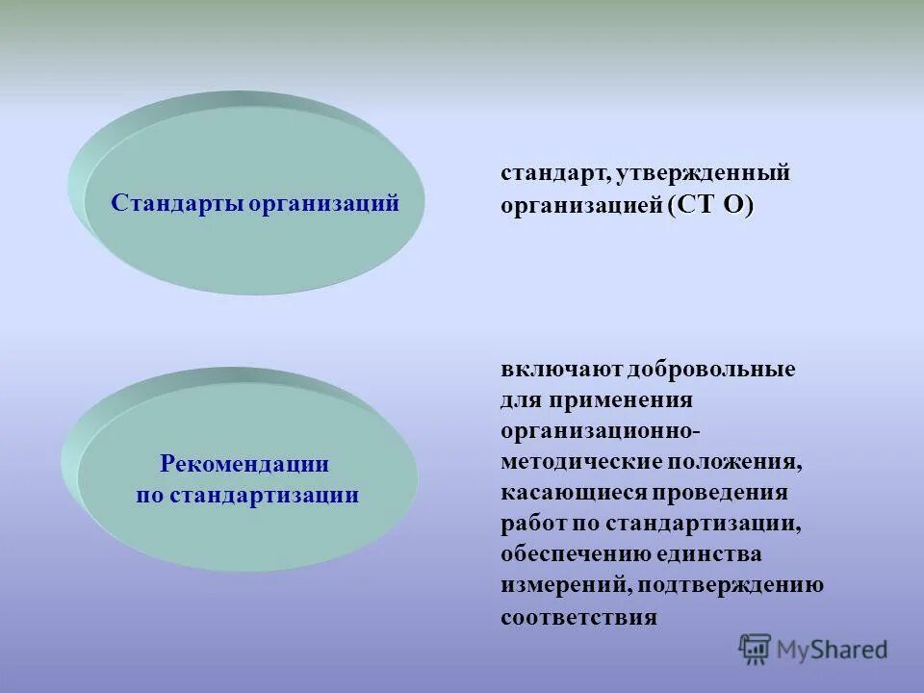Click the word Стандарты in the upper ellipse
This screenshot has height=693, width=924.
point(176,203)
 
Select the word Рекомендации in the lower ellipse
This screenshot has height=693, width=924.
point(244,464)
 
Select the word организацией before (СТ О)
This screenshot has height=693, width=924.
point(580,206)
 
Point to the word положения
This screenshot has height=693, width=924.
point(734,461)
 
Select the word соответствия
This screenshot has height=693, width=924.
point(578,617)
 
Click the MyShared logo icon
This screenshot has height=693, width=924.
point(756,649)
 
